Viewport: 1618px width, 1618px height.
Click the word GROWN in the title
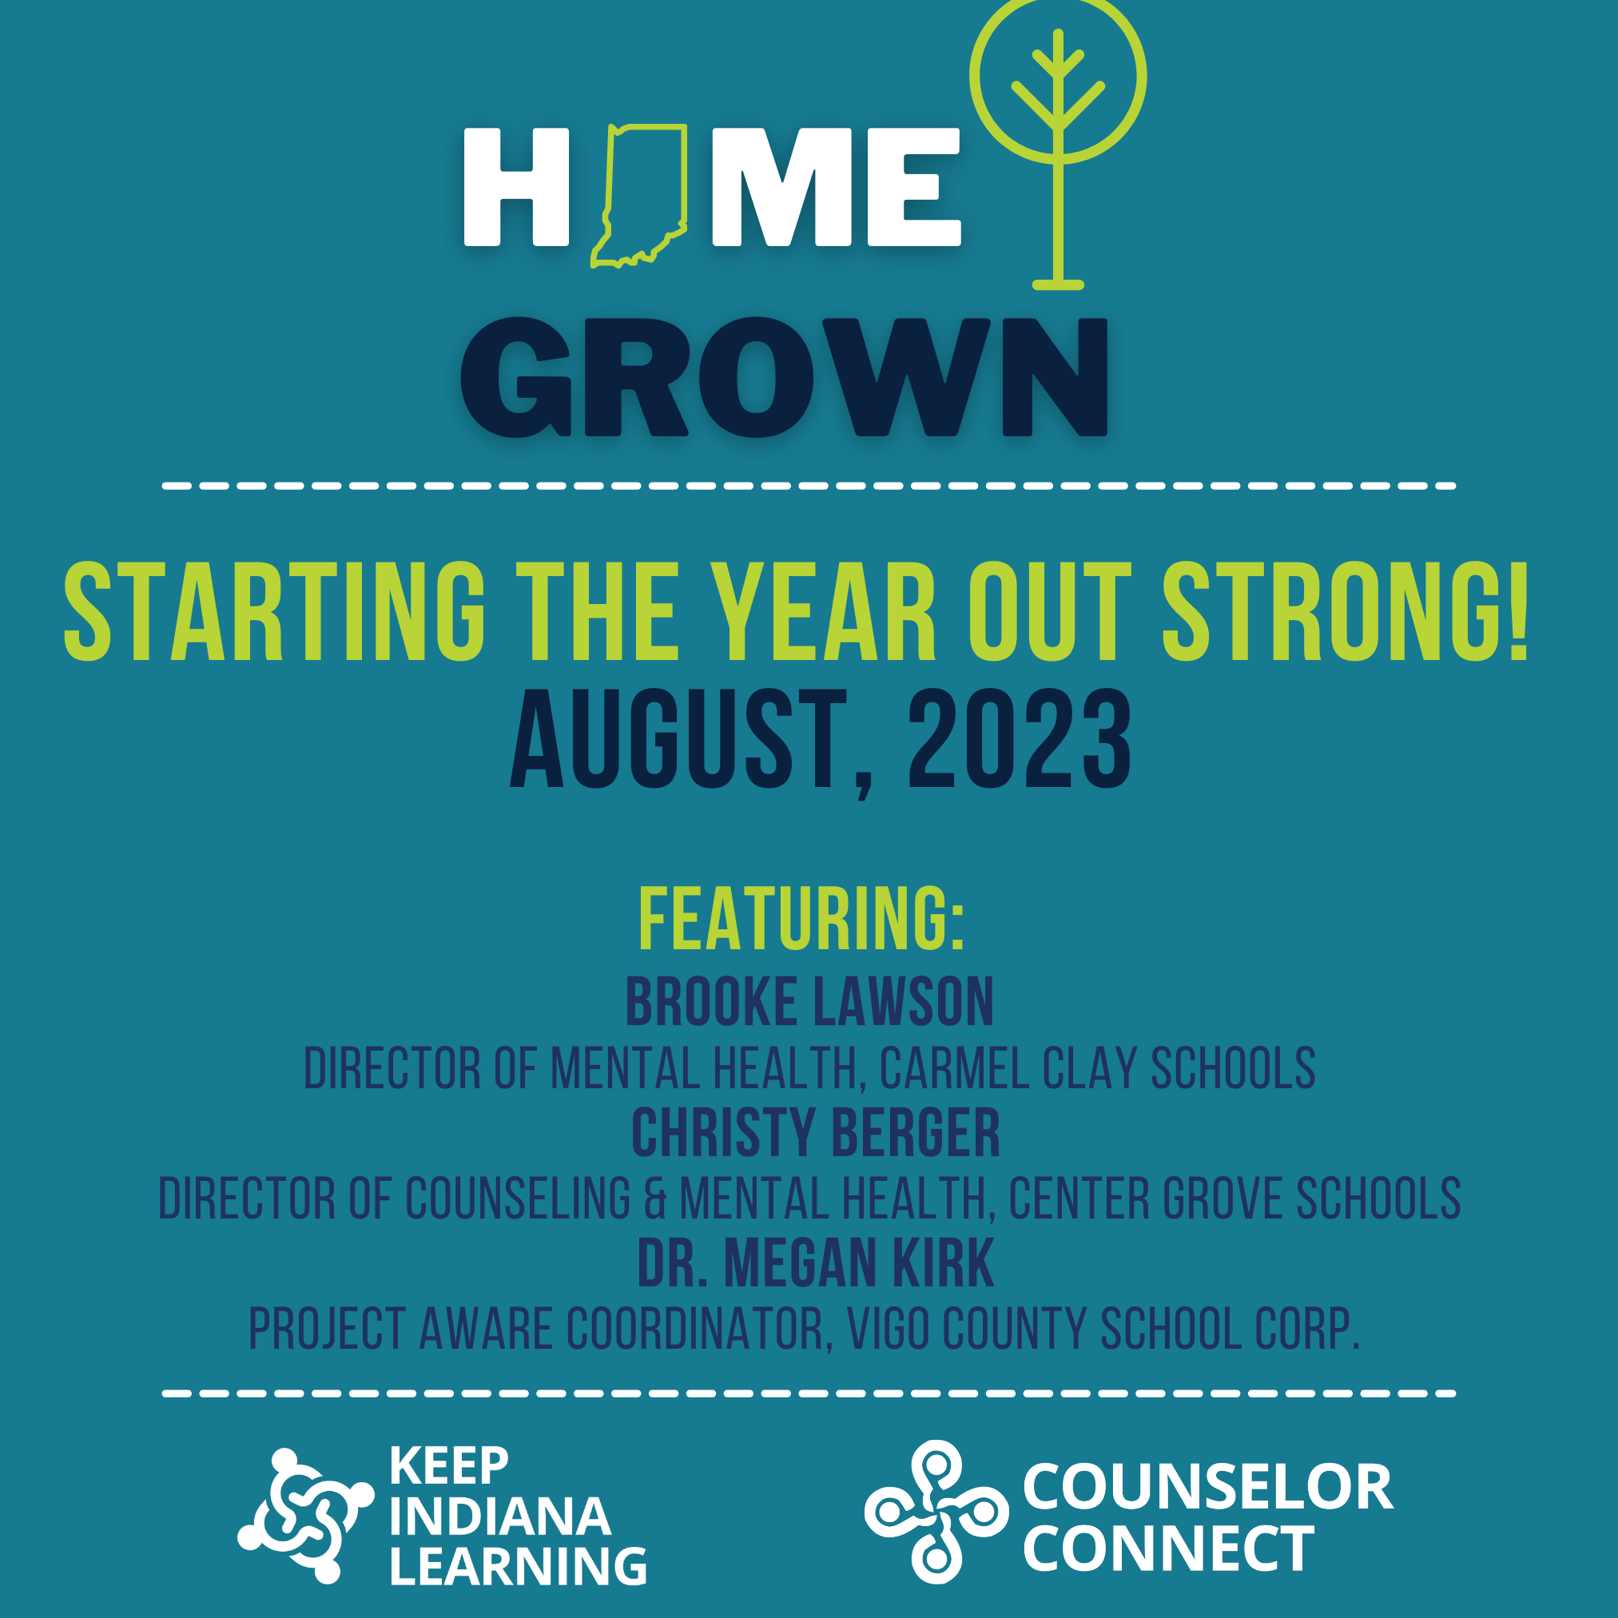click(784, 377)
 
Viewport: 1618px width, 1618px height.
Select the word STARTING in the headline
click(275, 611)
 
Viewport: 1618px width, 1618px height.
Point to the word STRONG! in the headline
click(1346, 611)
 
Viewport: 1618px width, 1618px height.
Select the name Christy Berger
click(816, 1132)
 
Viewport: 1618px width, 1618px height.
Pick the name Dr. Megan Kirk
click(816, 1263)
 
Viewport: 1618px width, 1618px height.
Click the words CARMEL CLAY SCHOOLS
click(1097, 1067)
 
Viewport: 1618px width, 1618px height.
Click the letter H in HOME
click(516, 187)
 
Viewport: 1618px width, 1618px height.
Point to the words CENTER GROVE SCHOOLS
click(1234, 1199)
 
